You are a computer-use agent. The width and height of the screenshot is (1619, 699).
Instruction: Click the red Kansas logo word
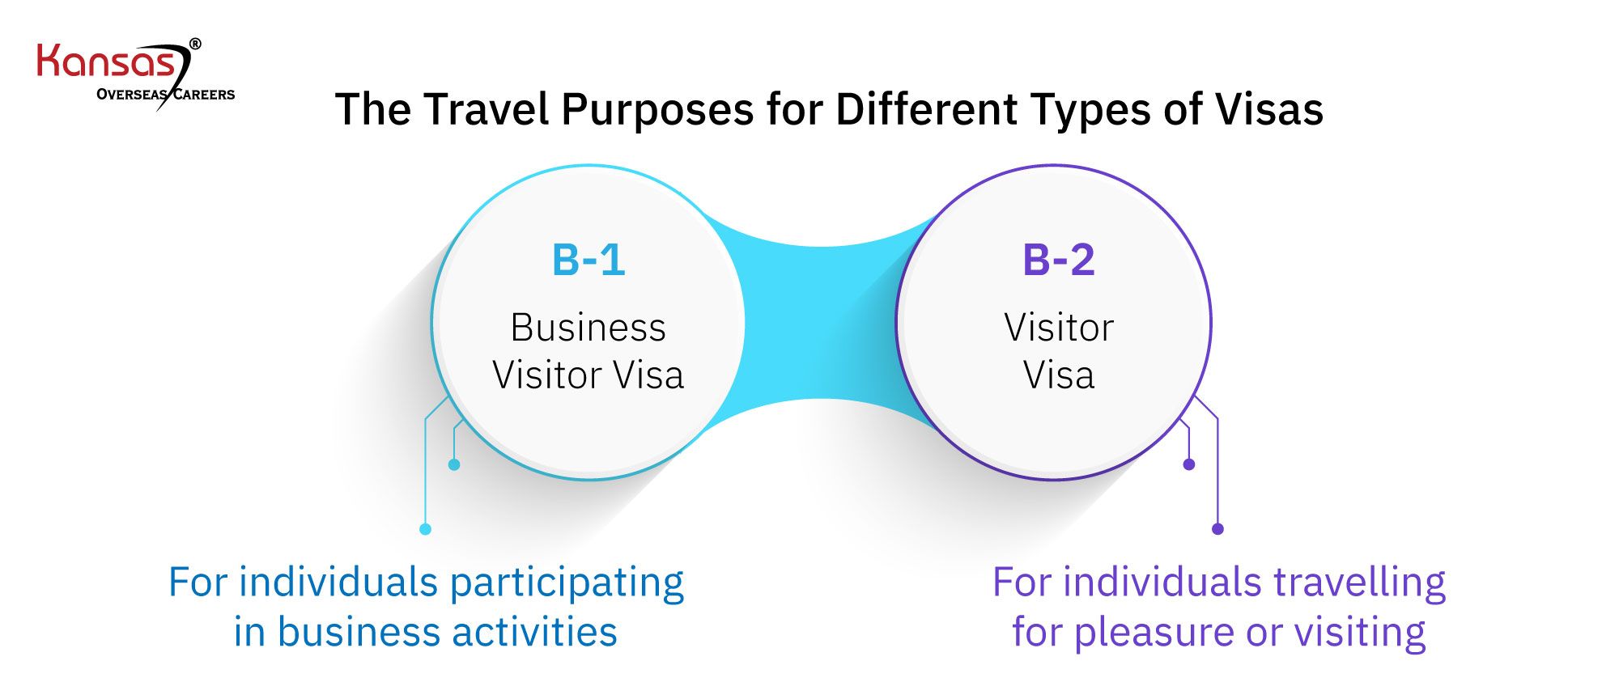click(105, 63)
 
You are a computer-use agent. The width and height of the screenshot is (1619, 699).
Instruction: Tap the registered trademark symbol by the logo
click(195, 44)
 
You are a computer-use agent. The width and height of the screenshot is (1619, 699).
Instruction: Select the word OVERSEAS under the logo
click(132, 95)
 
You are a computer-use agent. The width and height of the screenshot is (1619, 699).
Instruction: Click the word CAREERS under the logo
click(204, 95)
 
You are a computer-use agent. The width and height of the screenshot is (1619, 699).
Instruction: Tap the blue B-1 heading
click(589, 261)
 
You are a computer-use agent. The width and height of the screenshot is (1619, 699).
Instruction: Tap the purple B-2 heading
click(1058, 261)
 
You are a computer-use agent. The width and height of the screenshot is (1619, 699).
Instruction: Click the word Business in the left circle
click(589, 328)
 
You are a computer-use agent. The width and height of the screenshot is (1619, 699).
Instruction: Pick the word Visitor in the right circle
click(1059, 328)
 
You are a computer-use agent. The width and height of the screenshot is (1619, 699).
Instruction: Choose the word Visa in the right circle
click(1059, 375)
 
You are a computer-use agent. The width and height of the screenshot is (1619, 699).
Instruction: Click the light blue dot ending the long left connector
click(425, 529)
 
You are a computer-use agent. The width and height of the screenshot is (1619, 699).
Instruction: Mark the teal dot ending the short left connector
click(454, 464)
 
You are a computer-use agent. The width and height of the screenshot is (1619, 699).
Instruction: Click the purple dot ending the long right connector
click(1217, 529)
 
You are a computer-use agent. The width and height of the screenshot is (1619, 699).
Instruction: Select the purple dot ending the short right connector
click(1188, 464)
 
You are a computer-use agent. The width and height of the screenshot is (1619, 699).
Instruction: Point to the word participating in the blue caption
click(567, 583)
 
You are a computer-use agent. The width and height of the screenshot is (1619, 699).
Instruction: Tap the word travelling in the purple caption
click(1360, 583)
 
